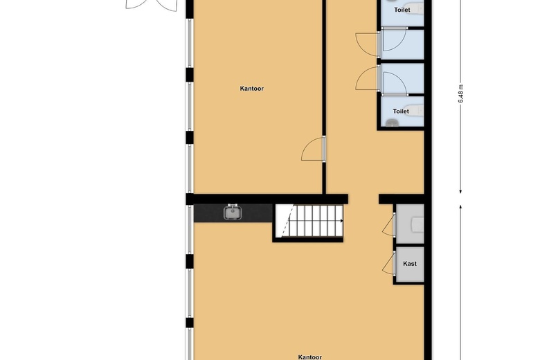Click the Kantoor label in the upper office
click(252, 89)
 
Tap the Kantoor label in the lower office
click(309, 357)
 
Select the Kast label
click(410, 264)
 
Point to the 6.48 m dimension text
click(461, 93)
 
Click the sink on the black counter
click(233, 212)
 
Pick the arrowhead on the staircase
click(341, 221)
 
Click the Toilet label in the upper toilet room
click(402, 10)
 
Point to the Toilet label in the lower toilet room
click(401, 111)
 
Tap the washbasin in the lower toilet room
click(392, 123)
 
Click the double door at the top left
click(152, 5)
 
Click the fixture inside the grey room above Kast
click(417, 224)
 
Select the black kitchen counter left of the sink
click(208, 213)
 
